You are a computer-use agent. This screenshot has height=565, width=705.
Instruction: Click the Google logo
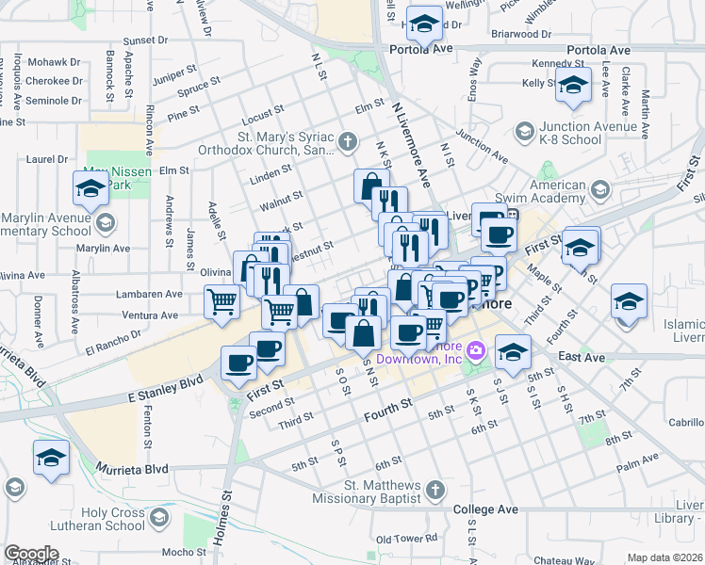(31, 554)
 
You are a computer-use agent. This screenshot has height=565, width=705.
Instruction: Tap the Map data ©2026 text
(665, 557)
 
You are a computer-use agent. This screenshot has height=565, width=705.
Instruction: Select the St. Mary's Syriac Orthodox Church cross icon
(349, 142)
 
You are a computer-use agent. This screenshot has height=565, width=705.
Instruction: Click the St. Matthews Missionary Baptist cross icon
(434, 490)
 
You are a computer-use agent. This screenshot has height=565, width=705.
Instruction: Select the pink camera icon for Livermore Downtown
(476, 351)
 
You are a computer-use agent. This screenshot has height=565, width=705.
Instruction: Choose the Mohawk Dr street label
(54, 61)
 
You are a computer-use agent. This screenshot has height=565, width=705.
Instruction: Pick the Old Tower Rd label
(406, 539)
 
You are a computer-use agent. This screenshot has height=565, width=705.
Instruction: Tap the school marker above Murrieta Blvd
(51, 457)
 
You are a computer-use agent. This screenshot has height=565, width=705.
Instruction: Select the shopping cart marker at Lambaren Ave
(222, 302)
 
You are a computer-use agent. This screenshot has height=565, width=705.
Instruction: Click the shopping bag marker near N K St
(371, 186)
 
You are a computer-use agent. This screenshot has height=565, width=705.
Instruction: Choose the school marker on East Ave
(513, 352)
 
